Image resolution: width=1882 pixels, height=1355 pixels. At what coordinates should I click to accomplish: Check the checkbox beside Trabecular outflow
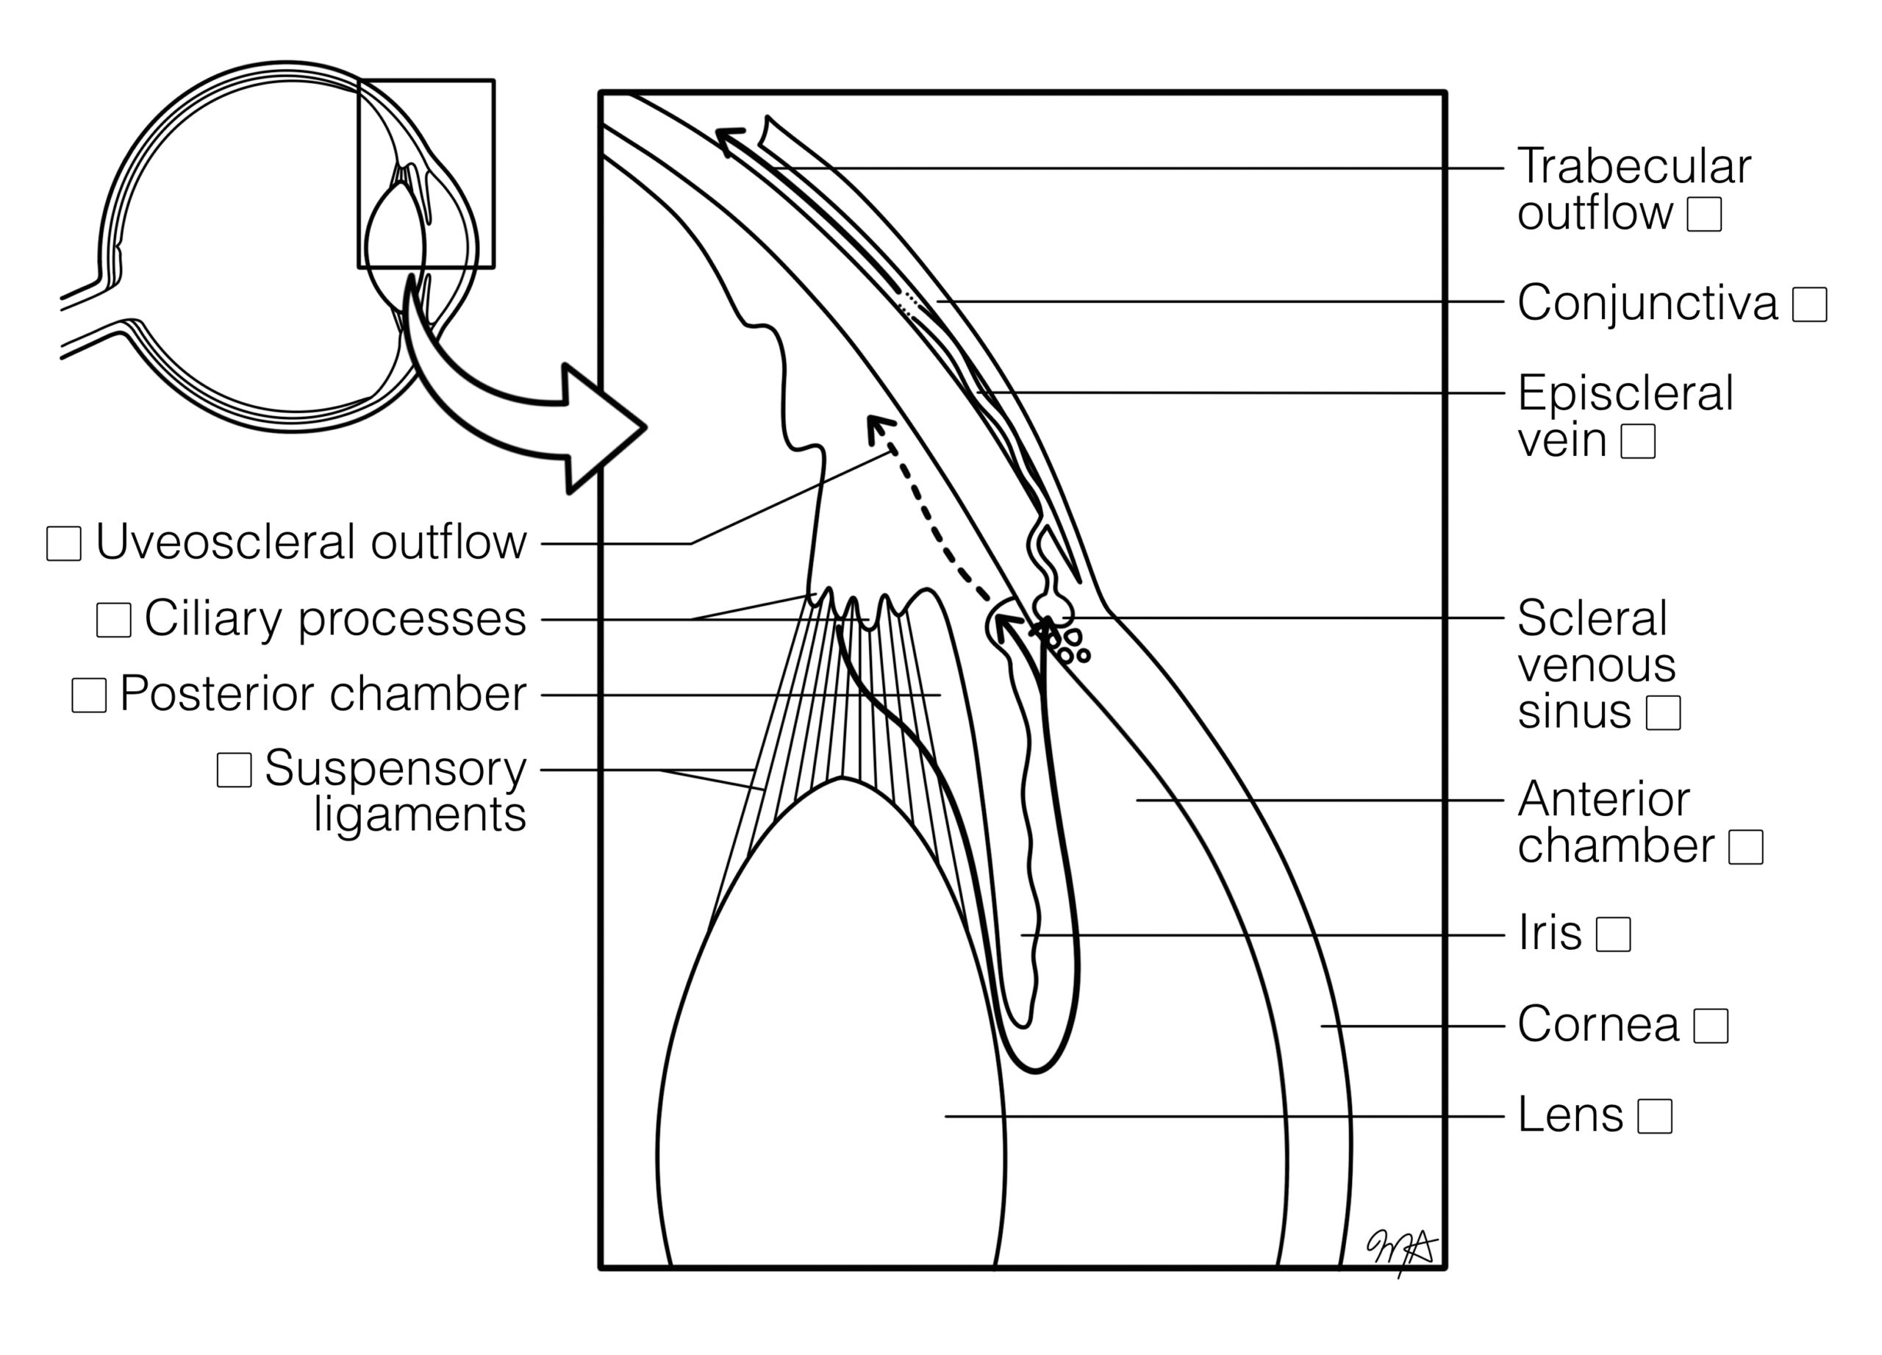(x=1703, y=214)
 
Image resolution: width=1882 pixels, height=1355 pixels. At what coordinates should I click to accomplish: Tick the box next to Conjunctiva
(x=1809, y=304)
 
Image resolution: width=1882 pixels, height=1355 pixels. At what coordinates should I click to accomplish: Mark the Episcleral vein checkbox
(x=1638, y=440)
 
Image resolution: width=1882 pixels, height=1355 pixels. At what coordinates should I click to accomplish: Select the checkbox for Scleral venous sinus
(x=1663, y=712)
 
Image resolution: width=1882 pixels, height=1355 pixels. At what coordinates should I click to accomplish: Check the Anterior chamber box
(x=1745, y=847)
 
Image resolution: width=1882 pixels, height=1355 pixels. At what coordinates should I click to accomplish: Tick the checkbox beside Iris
(x=1613, y=934)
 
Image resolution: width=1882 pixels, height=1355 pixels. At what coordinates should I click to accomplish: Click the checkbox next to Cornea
(x=1710, y=1026)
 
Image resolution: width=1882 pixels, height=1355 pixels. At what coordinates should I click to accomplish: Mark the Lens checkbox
(x=1655, y=1116)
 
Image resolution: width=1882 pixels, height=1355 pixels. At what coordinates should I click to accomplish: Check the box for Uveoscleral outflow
(x=64, y=543)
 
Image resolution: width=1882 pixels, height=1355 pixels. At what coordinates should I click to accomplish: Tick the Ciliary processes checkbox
(x=114, y=620)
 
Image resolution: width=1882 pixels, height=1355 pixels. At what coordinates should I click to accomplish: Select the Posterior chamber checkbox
(x=89, y=696)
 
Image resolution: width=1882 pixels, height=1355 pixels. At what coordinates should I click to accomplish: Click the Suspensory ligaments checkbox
(x=234, y=770)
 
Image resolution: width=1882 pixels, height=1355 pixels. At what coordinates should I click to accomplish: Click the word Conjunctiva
(x=1647, y=303)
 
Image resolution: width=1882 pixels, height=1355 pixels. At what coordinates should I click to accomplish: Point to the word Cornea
(x=1598, y=1025)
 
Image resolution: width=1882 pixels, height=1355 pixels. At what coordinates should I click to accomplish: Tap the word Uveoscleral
(x=226, y=543)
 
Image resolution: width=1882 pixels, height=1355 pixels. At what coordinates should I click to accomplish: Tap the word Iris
(x=1549, y=934)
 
